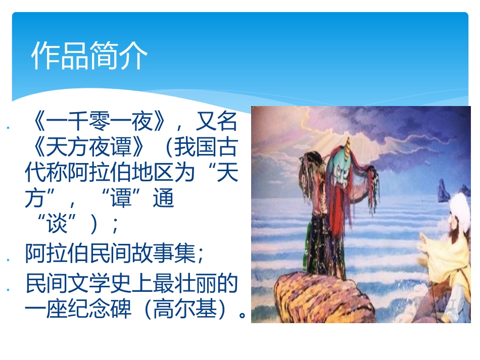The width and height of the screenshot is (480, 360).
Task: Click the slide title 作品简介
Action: [x=89, y=55]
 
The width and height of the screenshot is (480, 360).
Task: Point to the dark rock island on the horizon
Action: [x=444, y=191]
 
